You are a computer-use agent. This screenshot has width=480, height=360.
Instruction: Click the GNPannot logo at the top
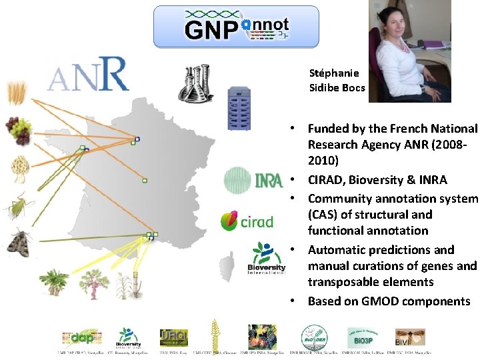(237, 27)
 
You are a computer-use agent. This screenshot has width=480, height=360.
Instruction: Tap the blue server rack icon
(238, 109)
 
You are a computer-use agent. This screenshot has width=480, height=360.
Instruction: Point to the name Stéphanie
(334, 73)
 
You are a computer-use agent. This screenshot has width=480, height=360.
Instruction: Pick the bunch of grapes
(17, 129)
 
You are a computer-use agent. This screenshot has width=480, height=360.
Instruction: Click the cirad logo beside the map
(247, 220)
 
